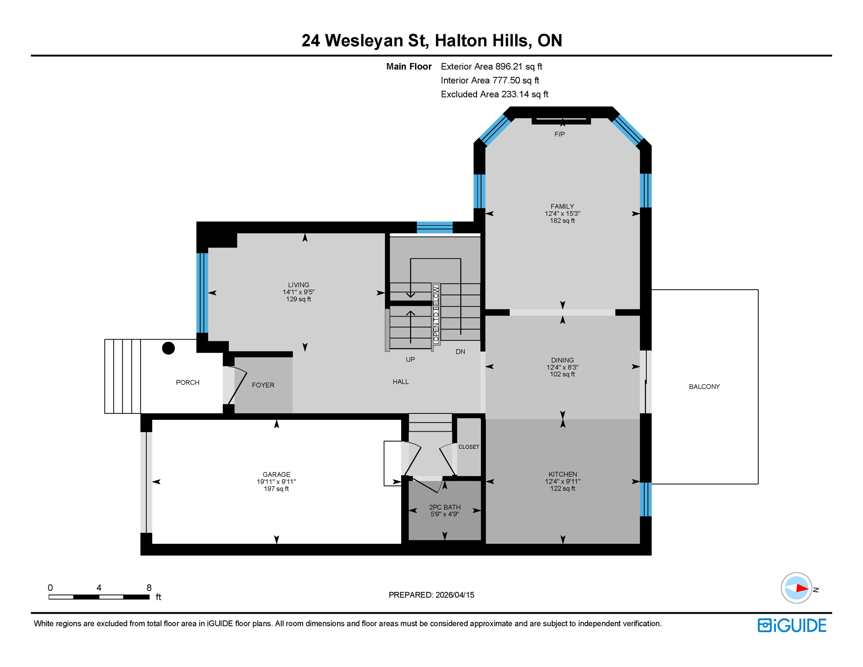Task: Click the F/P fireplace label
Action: [x=560, y=135]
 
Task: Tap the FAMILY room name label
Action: [x=562, y=206]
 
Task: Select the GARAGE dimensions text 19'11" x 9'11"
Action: [x=276, y=482]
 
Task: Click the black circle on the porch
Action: [x=168, y=348]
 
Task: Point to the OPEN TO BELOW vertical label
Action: [x=436, y=314]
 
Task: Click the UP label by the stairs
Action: [x=410, y=360]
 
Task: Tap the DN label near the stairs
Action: [x=460, y=352]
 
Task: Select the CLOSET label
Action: [x=469, y=447]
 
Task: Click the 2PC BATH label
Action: [x=445, y=507]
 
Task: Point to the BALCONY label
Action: [x=704, y=386]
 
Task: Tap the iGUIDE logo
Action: [x=792, y=625]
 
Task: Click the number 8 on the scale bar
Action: [x=149, y=588]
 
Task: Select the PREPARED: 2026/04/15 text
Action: [x=431, y=595]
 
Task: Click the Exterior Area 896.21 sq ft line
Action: [x=491, y=66]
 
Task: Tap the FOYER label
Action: [x=263, y=385]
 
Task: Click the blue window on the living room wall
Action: [x=202, y=293]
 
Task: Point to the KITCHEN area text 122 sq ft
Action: [x=562, y=489]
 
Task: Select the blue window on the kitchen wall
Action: [x=646, y=499]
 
